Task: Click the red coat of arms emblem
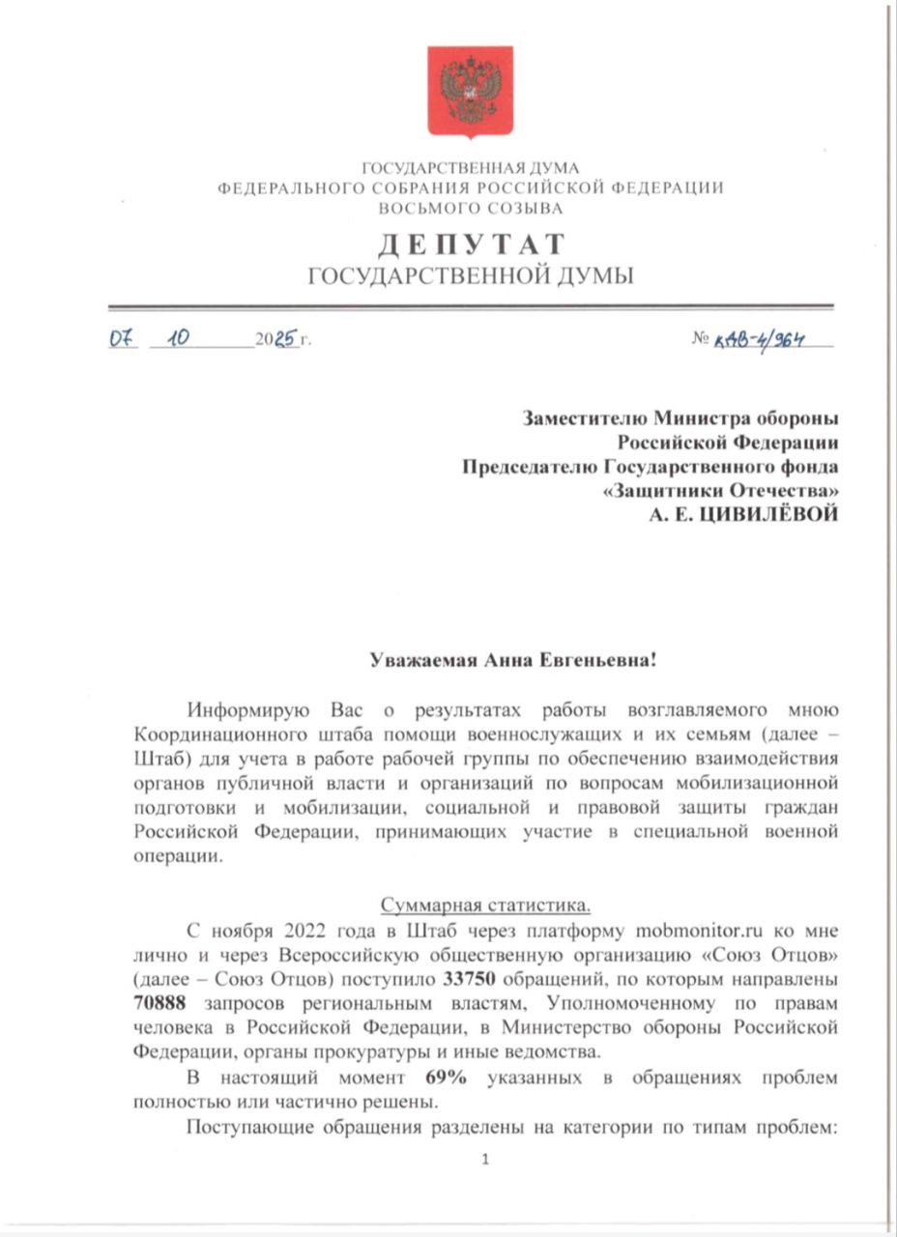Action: [470, 91]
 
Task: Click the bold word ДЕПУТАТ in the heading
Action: [470, 244]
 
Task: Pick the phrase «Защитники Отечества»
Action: [720, 491]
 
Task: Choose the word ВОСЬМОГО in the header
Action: [422, 208]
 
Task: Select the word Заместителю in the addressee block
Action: [584, 418]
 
